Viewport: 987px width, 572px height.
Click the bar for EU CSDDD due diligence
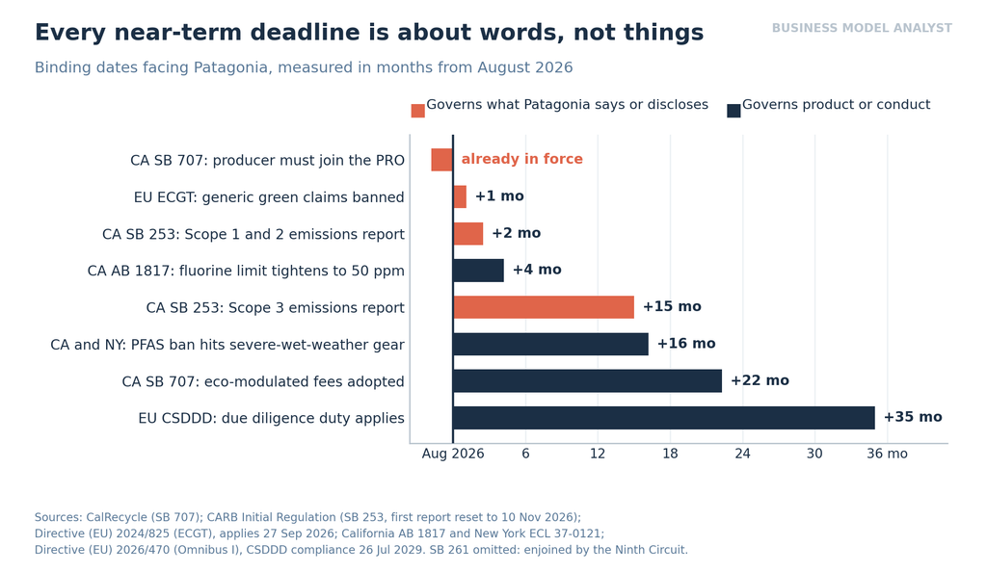click(x=663, y=418)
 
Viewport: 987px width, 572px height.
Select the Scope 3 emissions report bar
click(x=544, y=307)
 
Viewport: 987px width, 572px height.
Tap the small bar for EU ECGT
click(x=460, y=196)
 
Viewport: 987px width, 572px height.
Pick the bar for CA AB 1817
click(x=478, y=271)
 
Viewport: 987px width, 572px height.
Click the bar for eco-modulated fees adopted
click(x=587, y=381)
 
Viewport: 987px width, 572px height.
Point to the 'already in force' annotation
click(x=521, y=159)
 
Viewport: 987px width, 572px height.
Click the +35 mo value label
click(x=913, y=417)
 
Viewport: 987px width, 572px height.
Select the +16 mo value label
click(x=686, y=344)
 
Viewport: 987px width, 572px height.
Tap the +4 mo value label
click(x=537, y=270)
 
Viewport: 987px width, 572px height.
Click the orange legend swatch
click(x=418, y=111)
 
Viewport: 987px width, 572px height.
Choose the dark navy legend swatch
click(x=734, y=111)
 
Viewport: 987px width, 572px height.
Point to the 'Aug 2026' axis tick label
click(x=453, y=454)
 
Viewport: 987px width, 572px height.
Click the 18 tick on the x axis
click(x=670, y=454)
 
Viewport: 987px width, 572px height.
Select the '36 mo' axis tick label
click(x=887, y=454)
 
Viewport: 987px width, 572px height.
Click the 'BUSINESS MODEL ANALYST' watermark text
click(x=862, y=28)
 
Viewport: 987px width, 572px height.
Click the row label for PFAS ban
click(x=227, y=345)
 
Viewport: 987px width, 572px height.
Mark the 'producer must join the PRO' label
click(x=308, y=160)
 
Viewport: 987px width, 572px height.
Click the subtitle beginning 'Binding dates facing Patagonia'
click(x=304, y=67)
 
